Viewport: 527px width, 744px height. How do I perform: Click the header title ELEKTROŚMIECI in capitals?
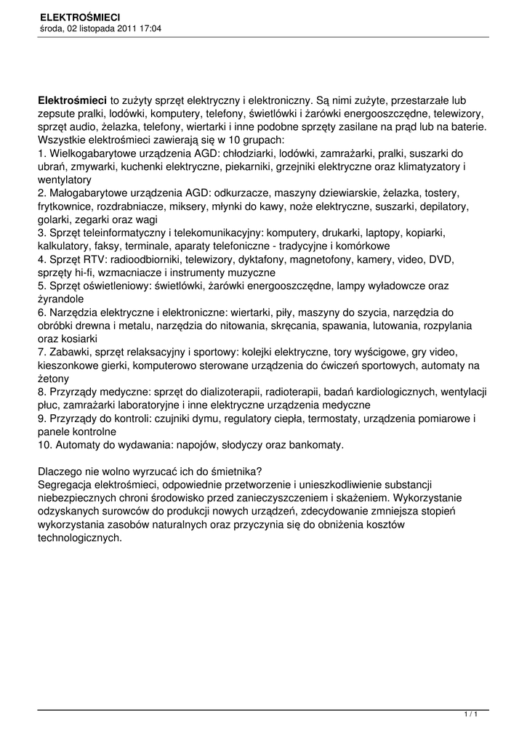point(80,16)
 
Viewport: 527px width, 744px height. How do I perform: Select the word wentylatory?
point(65,180)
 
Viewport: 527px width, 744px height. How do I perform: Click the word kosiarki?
point(79,339)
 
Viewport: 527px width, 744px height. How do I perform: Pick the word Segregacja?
point(66,484)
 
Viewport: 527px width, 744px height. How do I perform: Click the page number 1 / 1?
point(471,715)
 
